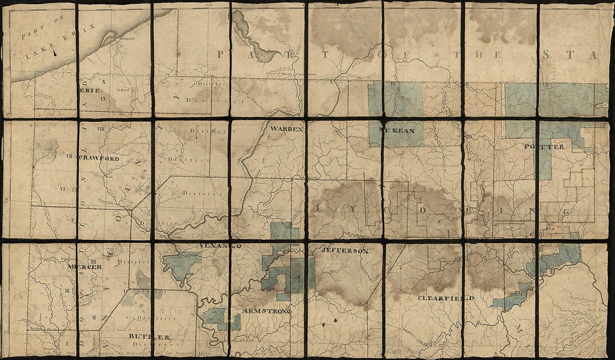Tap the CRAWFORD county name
point(101,158)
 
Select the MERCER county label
point(84,267)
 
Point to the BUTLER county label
point(148,337)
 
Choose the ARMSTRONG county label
point(267,310)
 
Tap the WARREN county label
point(286,129)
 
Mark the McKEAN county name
point(398,131)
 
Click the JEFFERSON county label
point(345,252)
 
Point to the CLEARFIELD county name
point(446,298)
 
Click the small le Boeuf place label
point(123,88)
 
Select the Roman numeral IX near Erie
point(103,98)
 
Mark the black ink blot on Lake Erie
point(55,54)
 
